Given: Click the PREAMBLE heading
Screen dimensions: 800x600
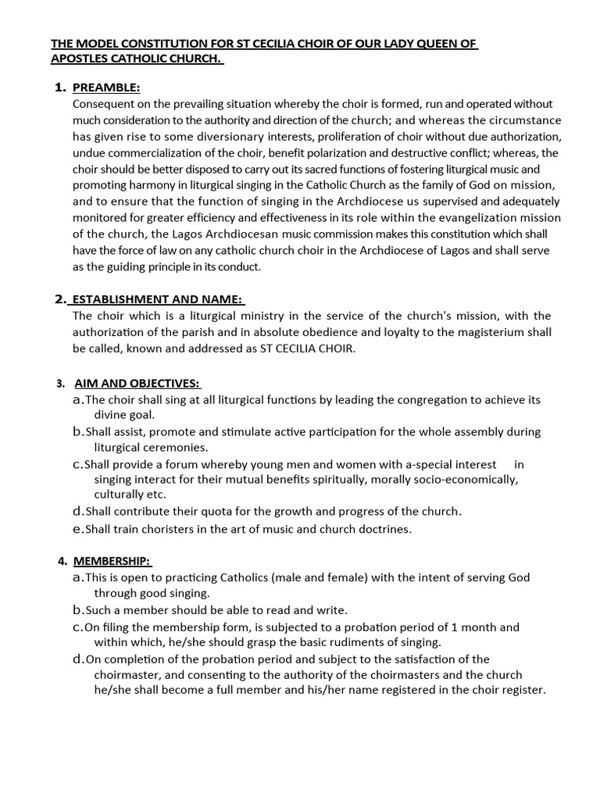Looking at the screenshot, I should [106, 87].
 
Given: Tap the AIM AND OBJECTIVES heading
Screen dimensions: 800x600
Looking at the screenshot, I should [137, 383].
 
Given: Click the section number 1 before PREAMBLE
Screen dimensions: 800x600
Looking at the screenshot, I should [59, 87].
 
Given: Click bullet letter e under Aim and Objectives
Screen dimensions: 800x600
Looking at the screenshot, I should [77, 529].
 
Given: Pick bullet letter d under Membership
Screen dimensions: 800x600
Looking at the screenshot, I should [77, 659].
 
